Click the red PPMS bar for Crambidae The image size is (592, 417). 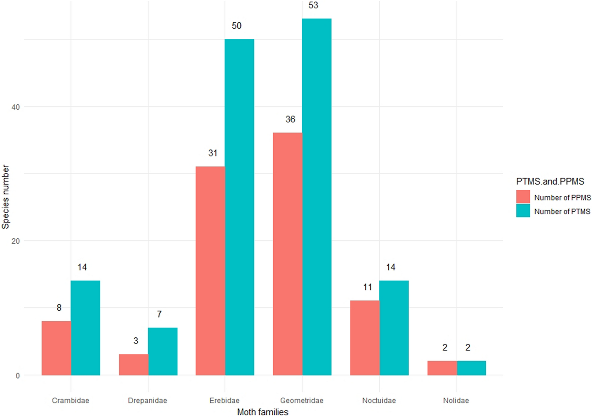[56, 348]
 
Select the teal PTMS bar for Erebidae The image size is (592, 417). [239, 207]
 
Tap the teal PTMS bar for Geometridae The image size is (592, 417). [317, 197]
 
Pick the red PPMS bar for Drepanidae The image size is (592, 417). [133, 364]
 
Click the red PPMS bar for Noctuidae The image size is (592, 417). [365, 338]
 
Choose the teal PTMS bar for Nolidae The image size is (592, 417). [471, 368]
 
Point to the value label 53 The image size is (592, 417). [313, 5]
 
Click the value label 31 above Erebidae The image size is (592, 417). [213, 153]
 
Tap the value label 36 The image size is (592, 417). [290, 119]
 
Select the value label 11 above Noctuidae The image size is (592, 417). [367, 287]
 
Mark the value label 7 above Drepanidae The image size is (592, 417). [159, 314]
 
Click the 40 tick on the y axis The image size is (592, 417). [15, 107]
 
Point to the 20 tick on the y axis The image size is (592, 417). [15, 241]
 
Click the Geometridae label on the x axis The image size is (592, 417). [302, 401]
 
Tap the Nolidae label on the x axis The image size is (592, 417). [456, 401]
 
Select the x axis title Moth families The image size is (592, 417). [263, 412]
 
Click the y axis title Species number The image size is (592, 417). [6, 197]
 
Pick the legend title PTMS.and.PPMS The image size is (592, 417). [550, 181]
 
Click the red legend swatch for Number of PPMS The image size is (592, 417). [523, 197]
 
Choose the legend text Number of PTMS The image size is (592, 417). [562, 211]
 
